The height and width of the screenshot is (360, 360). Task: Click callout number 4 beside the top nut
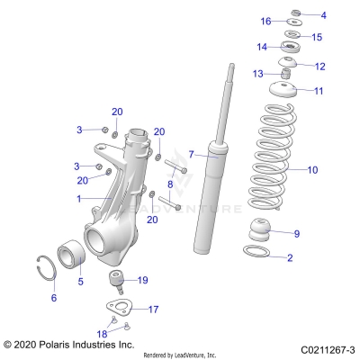click(x=324, y=15)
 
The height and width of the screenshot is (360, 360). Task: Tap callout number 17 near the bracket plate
click(x=153, y=308)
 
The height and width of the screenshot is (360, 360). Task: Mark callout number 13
click(x=257, y=73)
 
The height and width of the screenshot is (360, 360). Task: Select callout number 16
click(x=265, y=21)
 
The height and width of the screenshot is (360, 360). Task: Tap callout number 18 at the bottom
click(x=101, y=333)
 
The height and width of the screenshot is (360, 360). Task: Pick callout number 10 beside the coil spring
click(x=312, y=169)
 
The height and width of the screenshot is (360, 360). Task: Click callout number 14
click(x=262, y=47)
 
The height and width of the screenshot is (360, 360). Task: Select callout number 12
click(x=319, y=66)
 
